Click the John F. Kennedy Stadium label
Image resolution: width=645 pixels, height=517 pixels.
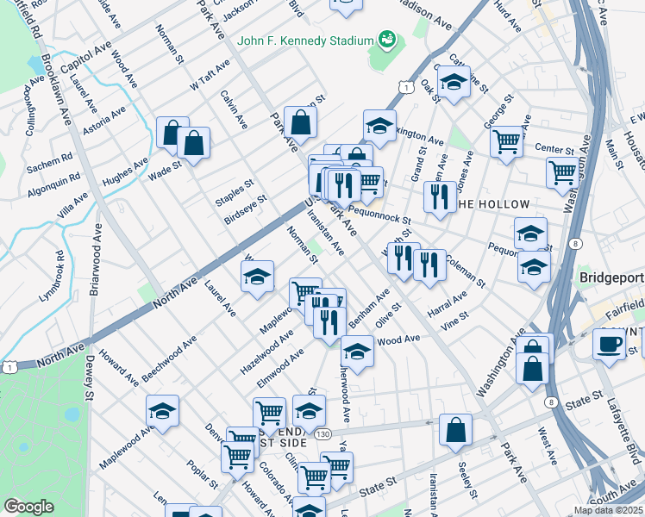click(305, 40)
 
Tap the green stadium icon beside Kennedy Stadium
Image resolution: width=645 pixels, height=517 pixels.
click(386, 40)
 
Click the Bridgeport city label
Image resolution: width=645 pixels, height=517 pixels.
click(611, 279)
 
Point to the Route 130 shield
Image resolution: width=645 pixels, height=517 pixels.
click(322, 433)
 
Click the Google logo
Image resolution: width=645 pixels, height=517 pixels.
click(28, 507)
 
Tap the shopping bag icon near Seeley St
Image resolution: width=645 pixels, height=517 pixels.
click(455, 429)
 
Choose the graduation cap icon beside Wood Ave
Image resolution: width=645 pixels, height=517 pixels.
click(357, 350)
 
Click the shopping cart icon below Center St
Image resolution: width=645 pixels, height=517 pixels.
click(562, 171)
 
